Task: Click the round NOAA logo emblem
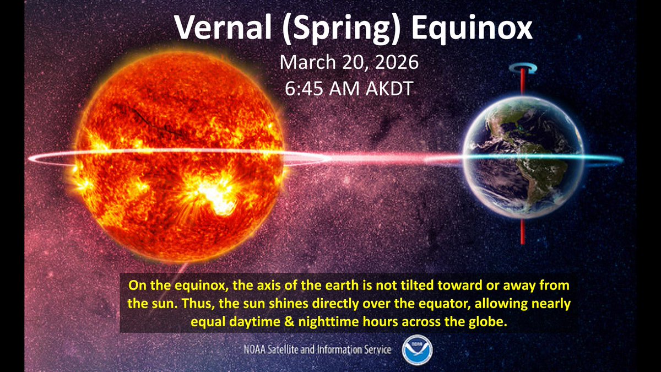click(417, 349)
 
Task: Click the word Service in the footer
click(375, 349)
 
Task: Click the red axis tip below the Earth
click(522, 234)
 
